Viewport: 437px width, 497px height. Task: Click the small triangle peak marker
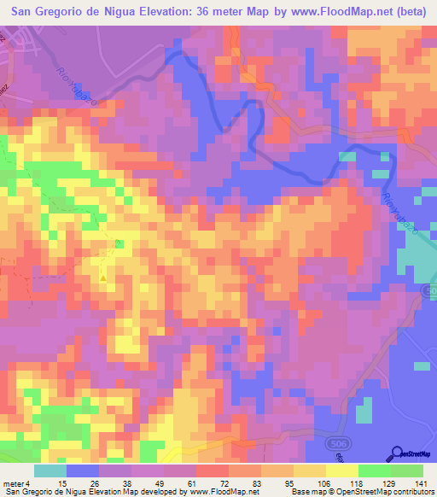point(104,278)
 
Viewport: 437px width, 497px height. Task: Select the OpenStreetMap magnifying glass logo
point(399,453)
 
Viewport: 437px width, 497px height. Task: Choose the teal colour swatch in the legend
point(50,471)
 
